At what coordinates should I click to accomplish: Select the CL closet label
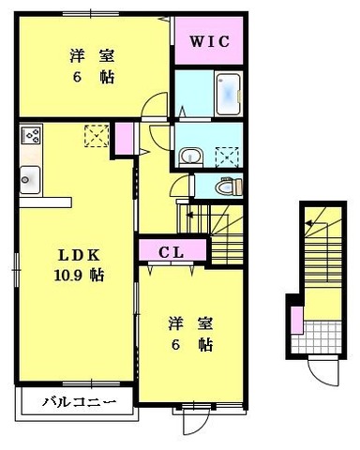(170, 251)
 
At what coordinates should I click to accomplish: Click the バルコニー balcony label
(79, 403)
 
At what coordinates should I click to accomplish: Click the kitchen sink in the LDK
(29, 177)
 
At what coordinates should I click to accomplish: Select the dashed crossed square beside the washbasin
(226, 155)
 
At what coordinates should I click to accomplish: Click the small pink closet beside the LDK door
(124, 140)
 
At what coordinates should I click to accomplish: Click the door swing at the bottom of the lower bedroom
(193, 419)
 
